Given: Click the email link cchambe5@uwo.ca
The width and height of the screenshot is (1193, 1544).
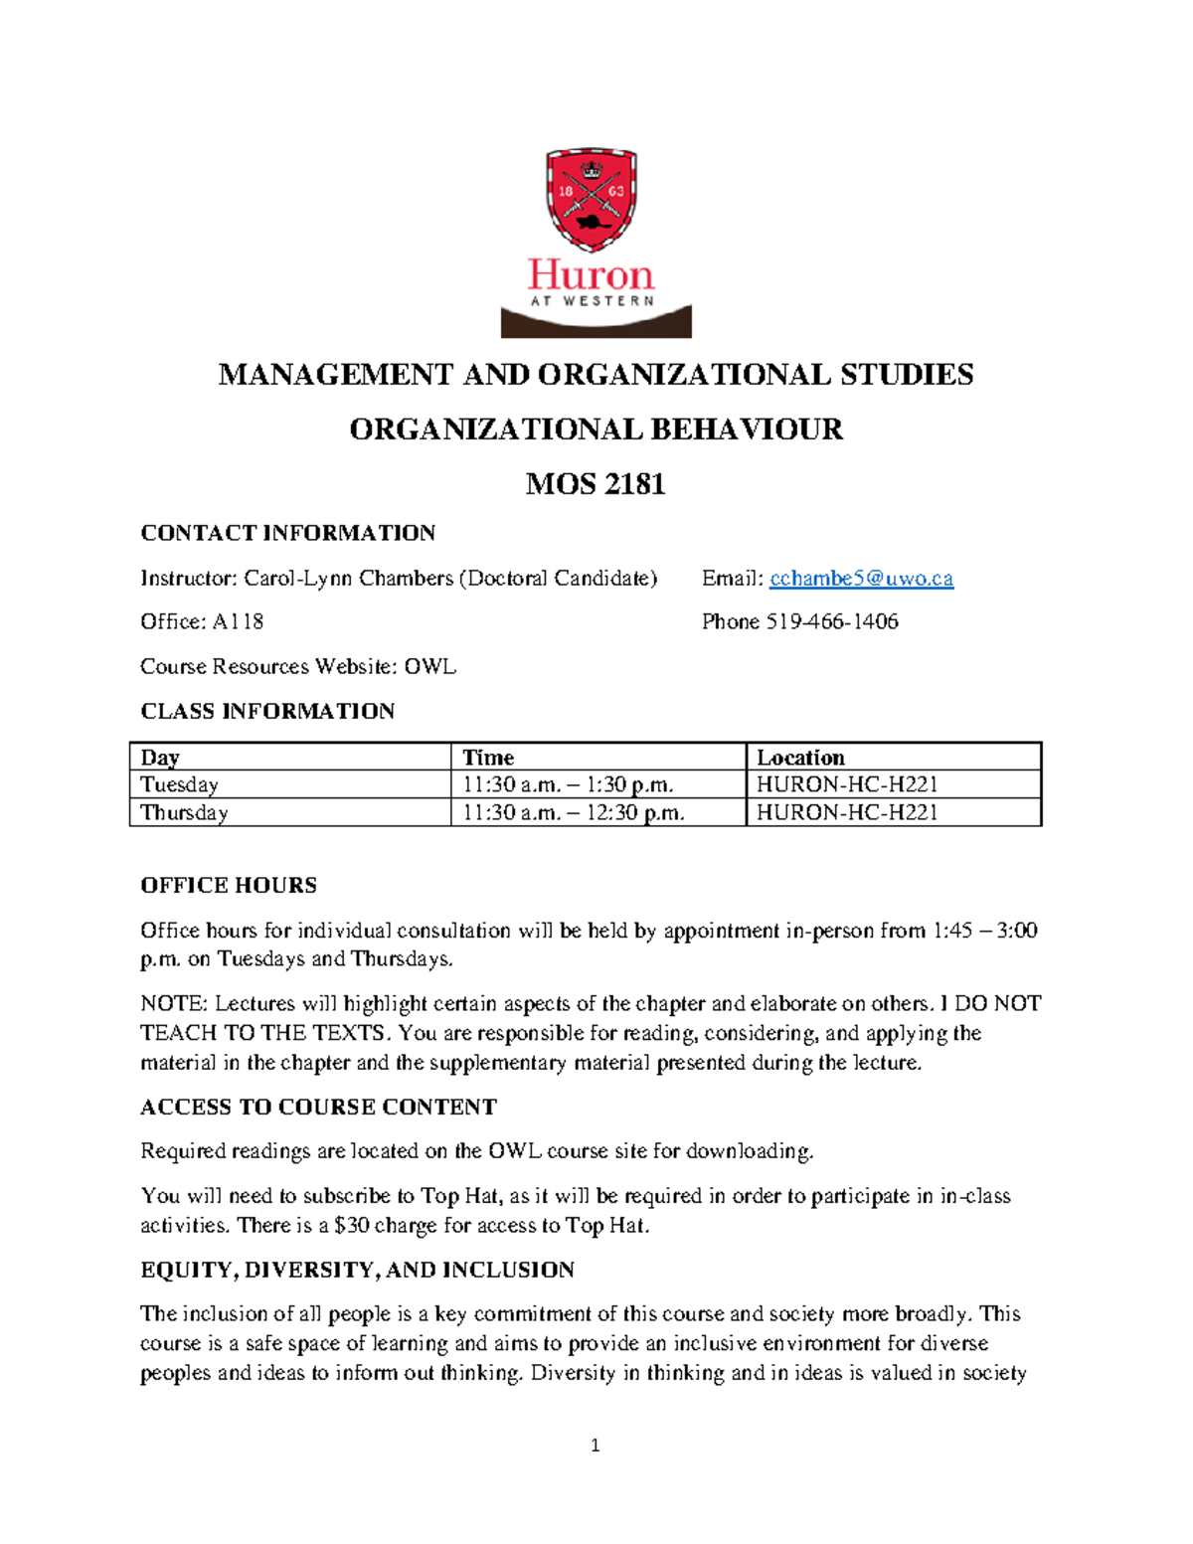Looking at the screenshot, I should pos(861,579).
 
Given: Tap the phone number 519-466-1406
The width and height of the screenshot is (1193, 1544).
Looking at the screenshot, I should pos(832,622).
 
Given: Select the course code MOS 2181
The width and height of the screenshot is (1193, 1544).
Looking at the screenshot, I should pos(595,484).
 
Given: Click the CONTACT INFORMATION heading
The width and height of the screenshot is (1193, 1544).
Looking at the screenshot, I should pos(287,533).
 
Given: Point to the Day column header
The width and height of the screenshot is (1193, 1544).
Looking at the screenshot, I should pos(160,758).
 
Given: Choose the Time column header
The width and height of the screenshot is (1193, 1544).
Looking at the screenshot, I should pos(488,758).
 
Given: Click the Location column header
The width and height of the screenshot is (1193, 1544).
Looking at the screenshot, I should pos(800,758).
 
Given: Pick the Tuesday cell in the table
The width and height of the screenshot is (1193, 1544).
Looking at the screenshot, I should pos(179,784).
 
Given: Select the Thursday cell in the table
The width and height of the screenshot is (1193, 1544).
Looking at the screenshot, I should pos(184,812).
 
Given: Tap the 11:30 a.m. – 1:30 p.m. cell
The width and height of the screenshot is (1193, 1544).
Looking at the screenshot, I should pos(568,784).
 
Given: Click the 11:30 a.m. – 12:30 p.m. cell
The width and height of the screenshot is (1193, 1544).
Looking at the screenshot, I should pos(573,812).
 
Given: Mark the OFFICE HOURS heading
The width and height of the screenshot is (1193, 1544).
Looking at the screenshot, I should pos(229,886).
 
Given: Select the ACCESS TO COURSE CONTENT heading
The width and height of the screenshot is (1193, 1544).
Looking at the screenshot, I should pos(318,1108).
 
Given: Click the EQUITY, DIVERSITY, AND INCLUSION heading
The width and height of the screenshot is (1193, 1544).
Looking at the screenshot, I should pos(357,1271).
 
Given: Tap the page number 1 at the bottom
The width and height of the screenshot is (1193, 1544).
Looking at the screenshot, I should pos(595,1446).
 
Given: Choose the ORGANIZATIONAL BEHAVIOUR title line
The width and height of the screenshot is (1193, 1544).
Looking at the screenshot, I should pos(595,429).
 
